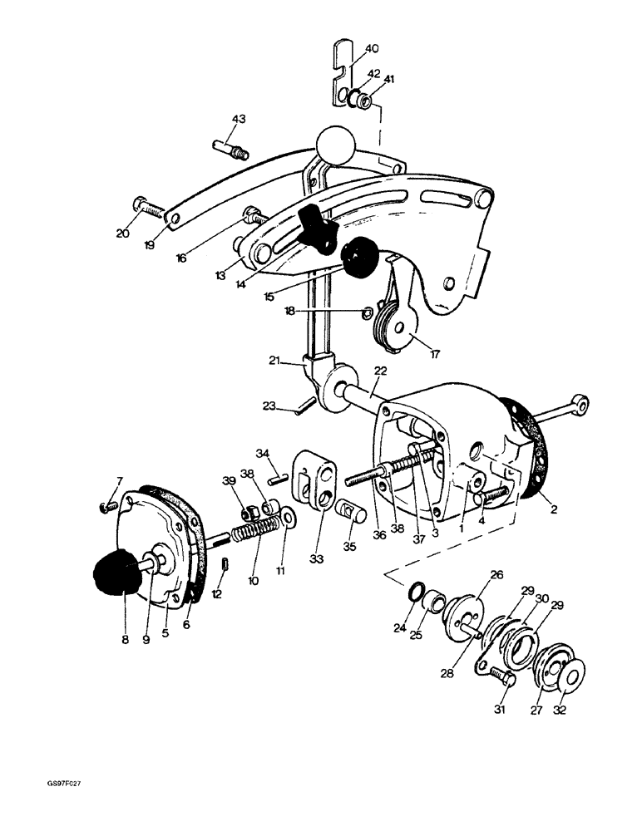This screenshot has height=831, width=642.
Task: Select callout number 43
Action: coord(239,120)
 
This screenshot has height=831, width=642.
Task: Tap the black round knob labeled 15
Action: coord(358,257)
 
